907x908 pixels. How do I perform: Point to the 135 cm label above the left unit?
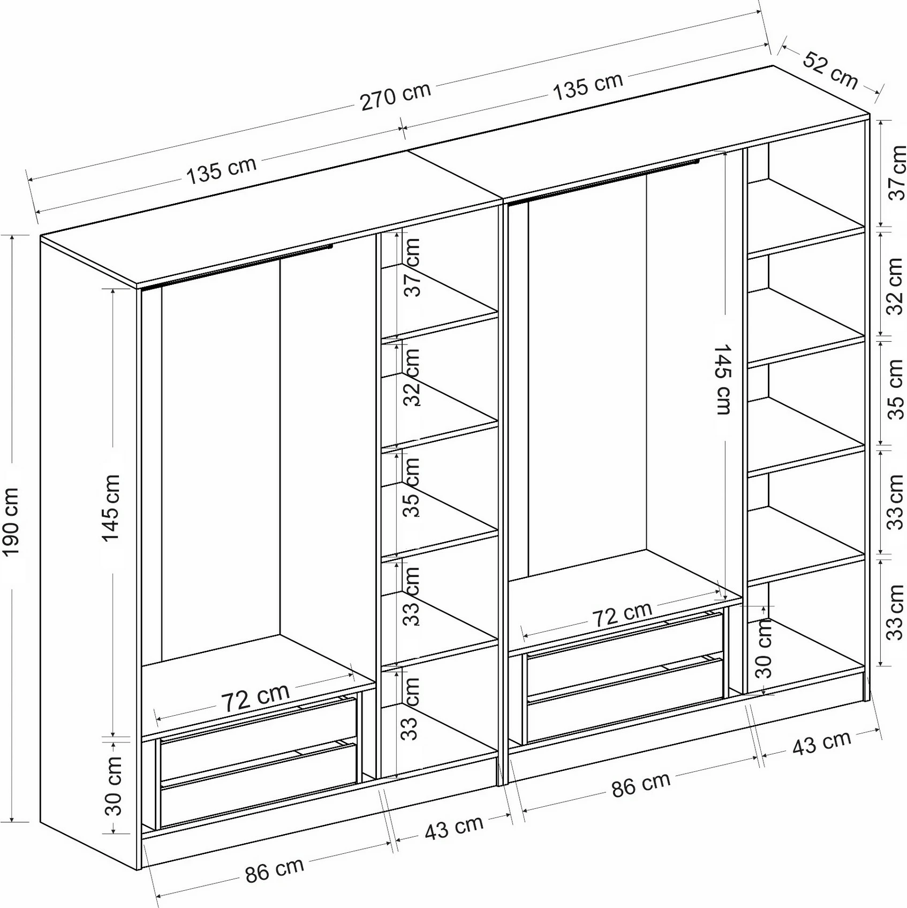[x=221, y=169]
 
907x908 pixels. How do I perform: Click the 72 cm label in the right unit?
[x=622, y=614]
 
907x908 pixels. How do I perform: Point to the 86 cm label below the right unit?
[x=641, y=784]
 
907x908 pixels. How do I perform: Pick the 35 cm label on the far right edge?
[x=896, y=389]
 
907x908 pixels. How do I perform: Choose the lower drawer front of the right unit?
[x=625, y=700]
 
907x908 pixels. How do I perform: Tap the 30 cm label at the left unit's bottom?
[x=114, y=785]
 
